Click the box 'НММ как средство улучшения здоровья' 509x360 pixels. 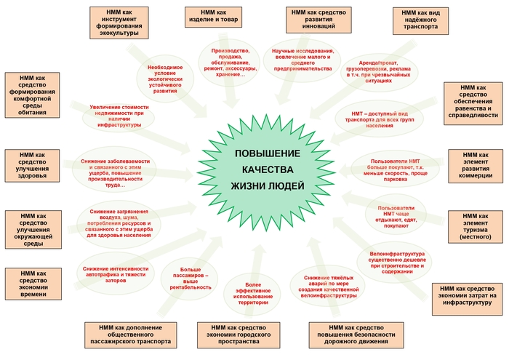pos(31,165)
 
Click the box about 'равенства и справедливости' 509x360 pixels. pos(474,102)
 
